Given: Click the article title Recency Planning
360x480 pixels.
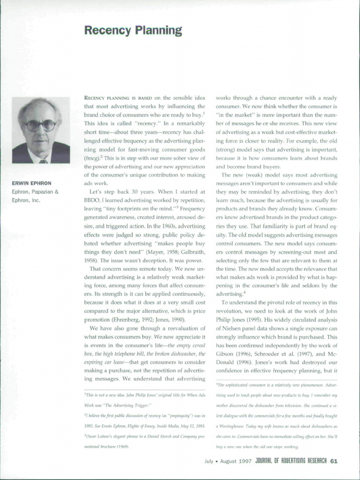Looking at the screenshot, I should tap(133, 31).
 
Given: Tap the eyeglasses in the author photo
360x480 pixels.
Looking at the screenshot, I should tap(40, 126).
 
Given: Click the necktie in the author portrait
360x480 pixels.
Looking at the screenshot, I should tap(43, 161).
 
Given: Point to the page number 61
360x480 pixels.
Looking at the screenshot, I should tap(334, 461).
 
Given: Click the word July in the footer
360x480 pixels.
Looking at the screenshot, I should tap(209, 461).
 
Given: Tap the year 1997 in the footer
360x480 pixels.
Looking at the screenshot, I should tap(246, 461).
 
